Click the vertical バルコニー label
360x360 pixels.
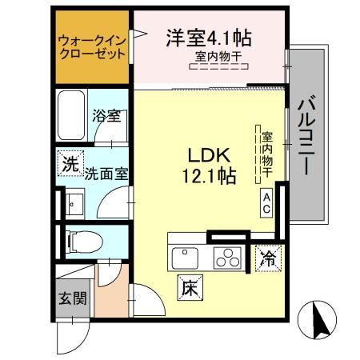pyautogui.click(x=306, y=136)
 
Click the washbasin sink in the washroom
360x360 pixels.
pyautogui.click(x=74, y=203)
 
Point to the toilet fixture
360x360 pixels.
pyautogui.click(x=79, y=239)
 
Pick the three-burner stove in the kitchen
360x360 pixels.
pyautogui.click(x=229, y=258)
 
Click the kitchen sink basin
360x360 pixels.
pyautogui.click(x=186, y=257)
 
